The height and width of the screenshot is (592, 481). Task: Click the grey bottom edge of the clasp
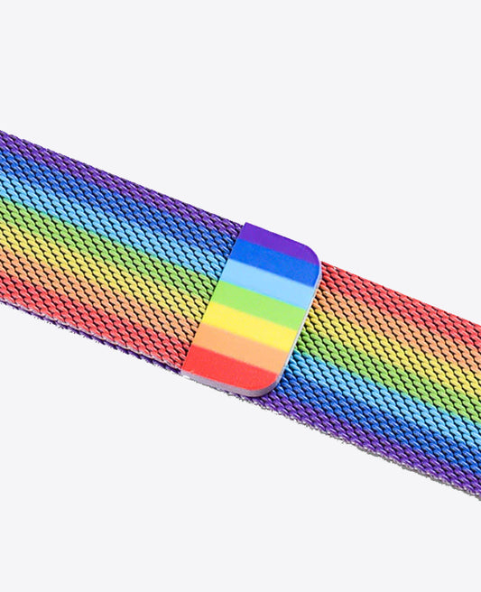(x=239, y=391)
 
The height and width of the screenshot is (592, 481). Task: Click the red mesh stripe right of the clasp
(x=397, y=311)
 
